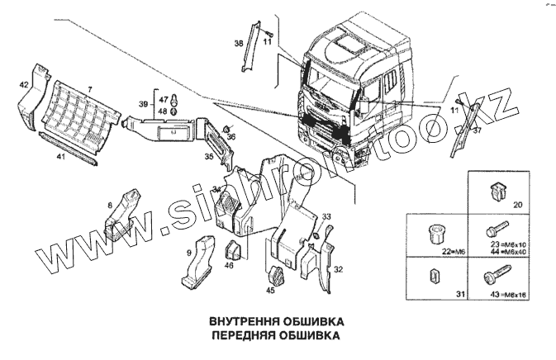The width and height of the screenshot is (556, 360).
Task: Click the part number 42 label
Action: (25, 84)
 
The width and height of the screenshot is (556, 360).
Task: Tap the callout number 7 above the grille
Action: (90, 88)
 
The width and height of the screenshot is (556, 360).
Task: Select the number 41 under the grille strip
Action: (59, 154)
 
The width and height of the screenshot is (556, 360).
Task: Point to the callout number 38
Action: (238, 44)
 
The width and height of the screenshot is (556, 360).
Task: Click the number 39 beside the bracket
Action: (143, 104)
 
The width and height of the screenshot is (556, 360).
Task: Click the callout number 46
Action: (229, 265)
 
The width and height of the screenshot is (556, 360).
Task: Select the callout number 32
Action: (337, 269)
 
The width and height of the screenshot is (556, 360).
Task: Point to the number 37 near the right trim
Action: (477, 129)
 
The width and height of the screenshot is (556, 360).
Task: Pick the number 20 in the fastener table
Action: (518, 204)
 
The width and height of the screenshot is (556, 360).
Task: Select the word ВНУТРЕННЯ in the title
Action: (234, 320)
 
